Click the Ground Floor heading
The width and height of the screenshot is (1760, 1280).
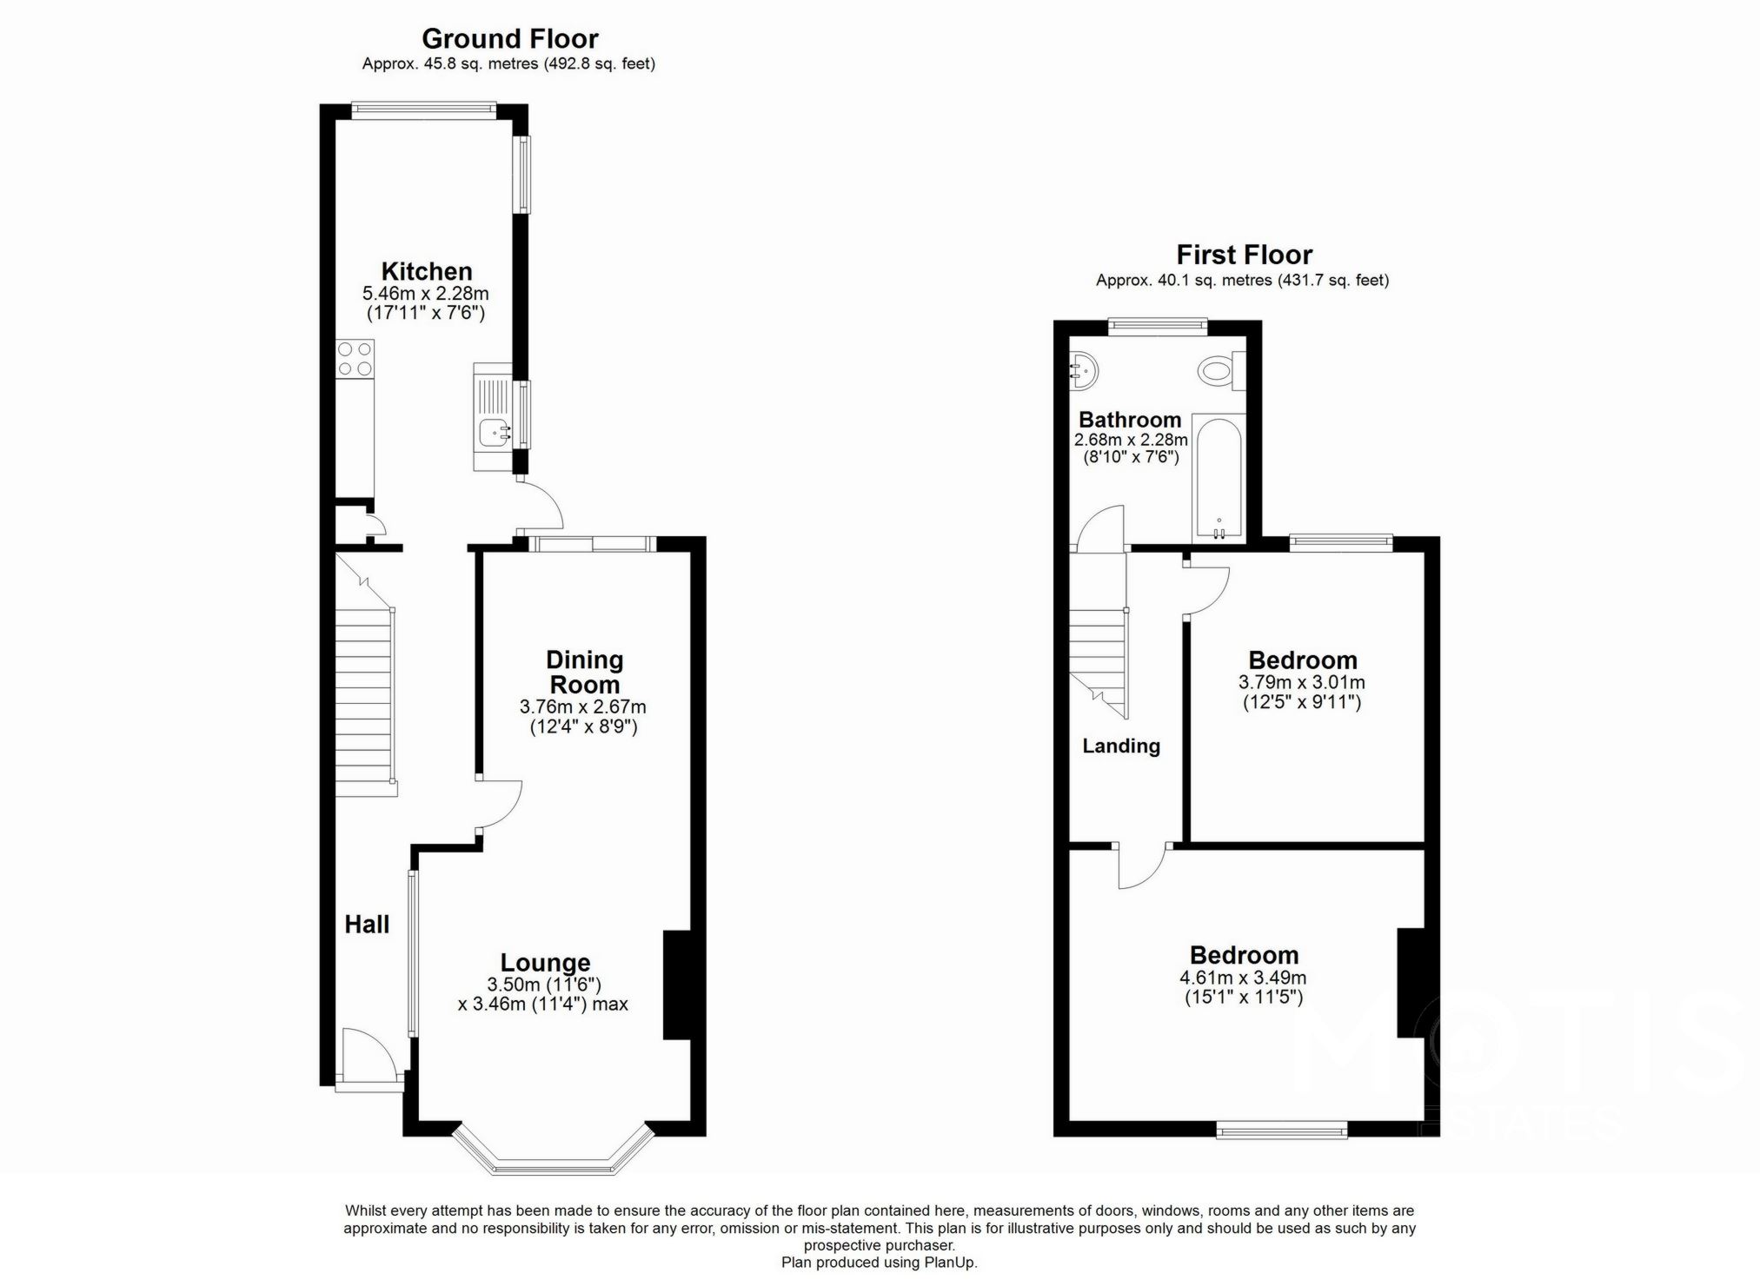[x=509, y=39]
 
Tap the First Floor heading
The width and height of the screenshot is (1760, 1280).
[x=1243, y=255]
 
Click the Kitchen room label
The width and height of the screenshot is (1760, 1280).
[x=426, y=271]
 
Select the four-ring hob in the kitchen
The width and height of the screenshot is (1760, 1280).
[x=355, y=359]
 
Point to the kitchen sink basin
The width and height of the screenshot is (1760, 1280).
[x=495, y=429]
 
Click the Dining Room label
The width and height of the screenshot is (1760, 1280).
[x=584, y=671]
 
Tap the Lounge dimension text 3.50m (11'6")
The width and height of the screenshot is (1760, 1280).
[x=544, y=985]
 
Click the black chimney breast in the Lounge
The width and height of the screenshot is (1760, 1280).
[x=677, y=985]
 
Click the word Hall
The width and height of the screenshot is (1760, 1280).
[x=367, y=925]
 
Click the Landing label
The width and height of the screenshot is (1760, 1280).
[x=1120, y=746]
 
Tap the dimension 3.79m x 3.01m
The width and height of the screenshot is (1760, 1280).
[x=1301, y=682]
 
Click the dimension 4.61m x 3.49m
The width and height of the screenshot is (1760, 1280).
[x=1242, y=977]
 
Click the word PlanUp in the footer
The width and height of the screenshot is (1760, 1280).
[x=953, y=1263]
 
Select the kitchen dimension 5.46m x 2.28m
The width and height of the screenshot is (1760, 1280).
[x=425, y=294]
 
